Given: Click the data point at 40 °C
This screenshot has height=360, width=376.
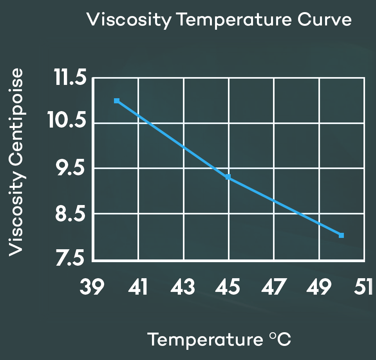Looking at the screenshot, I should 117,101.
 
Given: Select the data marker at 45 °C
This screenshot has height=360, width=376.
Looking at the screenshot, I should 228,177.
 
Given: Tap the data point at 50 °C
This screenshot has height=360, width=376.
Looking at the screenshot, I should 341,235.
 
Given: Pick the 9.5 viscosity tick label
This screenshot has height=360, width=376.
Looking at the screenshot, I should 69,169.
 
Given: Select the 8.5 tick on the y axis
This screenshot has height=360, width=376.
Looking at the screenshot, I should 69,214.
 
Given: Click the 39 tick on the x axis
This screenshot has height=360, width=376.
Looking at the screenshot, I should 92,288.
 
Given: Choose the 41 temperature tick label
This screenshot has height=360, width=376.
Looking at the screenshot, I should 137,288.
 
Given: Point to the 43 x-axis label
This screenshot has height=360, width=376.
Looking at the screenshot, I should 183,288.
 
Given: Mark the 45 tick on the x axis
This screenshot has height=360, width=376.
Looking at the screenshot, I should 228,288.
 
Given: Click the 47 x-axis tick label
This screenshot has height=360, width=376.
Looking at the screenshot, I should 273,288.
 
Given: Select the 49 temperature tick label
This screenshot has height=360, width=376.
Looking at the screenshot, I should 319,288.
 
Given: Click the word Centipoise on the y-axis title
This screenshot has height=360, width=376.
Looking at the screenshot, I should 16,113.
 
